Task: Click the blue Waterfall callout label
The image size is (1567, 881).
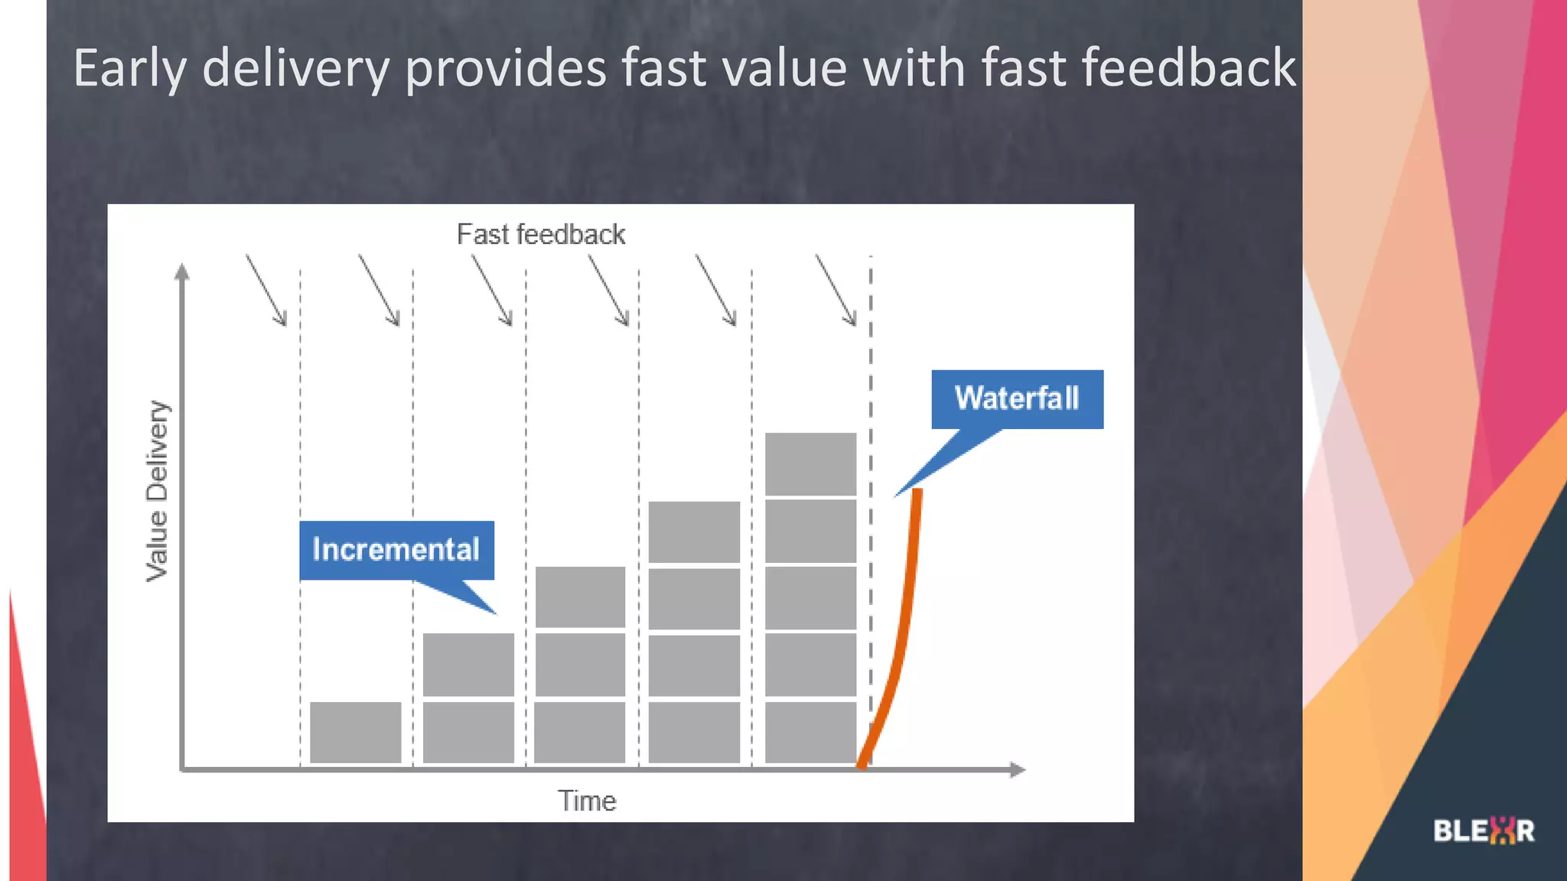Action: coord(1017,399)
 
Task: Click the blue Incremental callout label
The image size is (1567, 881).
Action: coord(396,551)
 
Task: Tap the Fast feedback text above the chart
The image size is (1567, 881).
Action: coord(540,234)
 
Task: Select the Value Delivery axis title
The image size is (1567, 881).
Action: coord(157,491)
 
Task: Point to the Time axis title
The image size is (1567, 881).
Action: coord(587,801)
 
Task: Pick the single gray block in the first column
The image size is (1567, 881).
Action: coord(356,732)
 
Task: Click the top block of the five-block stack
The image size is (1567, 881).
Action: coord(810,463)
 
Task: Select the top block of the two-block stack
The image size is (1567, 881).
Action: coord(468,664)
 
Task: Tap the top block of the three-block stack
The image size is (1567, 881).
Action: coord(580,597)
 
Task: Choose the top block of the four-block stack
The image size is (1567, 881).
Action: coord(694,532)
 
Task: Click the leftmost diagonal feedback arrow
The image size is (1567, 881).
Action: coord(266,290)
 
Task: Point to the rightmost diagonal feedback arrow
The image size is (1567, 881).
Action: coord(836,290)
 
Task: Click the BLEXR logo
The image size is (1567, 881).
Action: coord(1484,831)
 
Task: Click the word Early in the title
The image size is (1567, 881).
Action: coord(129,69)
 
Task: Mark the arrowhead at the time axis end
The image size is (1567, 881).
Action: coord(1017,769)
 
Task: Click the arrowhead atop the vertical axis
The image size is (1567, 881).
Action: coord(182,272)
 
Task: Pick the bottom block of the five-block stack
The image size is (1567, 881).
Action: coord(810,732)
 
